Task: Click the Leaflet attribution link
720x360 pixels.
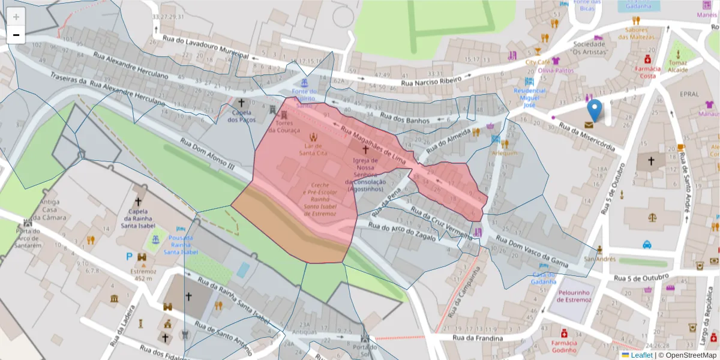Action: click(x=641, y=355)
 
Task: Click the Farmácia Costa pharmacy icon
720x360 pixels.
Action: click(x=647, y=59)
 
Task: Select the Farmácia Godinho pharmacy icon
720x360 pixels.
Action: click(x=564, y=333)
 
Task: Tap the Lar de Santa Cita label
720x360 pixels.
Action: click(x=314, y=149)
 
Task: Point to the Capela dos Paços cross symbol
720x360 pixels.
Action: click(x=241, y=103)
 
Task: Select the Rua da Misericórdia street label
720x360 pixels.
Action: click(x=587, y=137)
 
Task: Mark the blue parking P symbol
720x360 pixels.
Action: click(x=128, y=257)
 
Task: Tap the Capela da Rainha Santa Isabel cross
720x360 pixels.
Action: click(x=139, y=202)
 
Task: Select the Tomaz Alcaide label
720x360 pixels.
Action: click(x=678, y=65)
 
